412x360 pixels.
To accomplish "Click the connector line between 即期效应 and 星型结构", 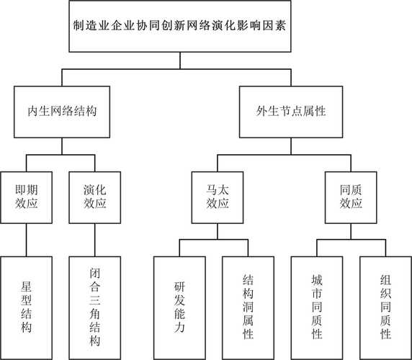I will [27, 238].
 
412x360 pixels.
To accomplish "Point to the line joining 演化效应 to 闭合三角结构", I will [96, 238].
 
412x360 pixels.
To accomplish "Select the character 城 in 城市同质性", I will [316, 277].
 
